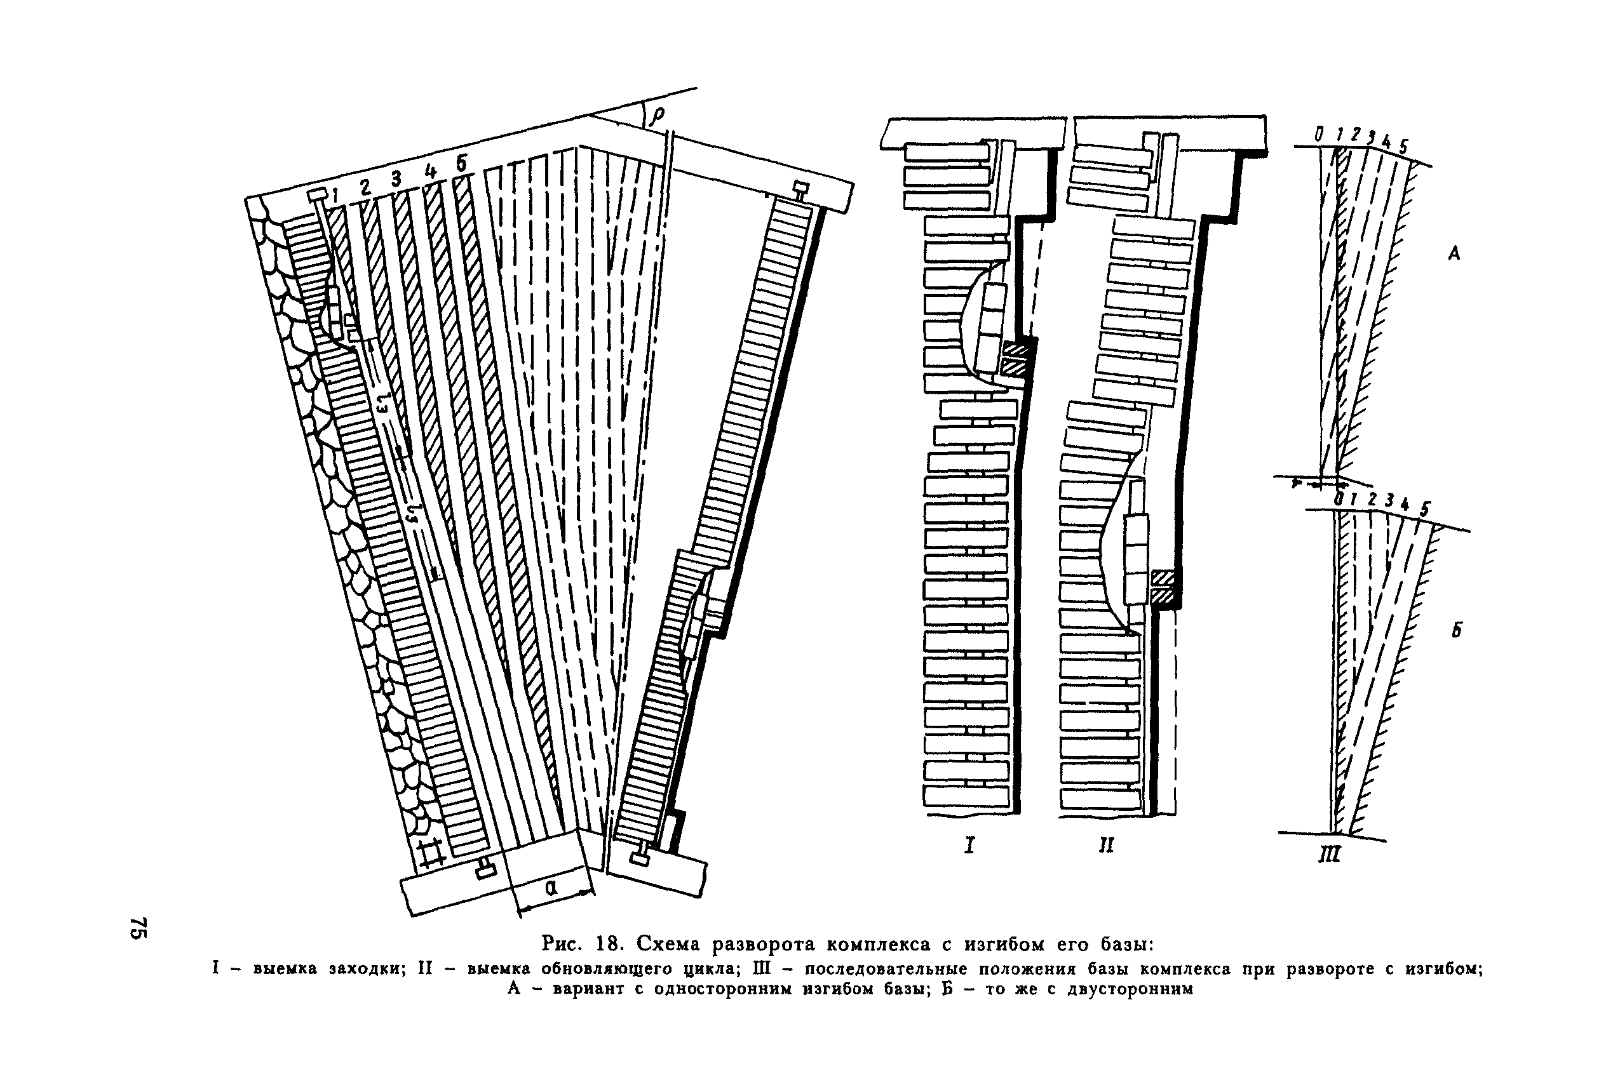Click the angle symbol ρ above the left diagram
656,115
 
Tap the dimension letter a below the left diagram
551,888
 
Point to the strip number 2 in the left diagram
365,187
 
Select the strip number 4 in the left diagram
431,171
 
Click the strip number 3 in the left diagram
396,179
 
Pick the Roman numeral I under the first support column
969,845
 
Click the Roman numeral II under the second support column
1106,845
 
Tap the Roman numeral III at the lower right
1328,854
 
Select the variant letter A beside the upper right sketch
1454,255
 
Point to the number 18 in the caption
611,944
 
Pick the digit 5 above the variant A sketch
1403,146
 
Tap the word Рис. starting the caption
565,944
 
